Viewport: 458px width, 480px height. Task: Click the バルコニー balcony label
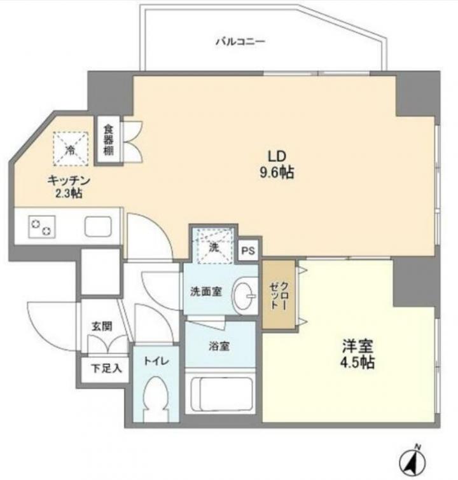[240, 41]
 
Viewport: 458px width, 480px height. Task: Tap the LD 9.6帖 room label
[277, 165]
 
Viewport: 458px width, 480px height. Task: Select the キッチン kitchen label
[69, 186]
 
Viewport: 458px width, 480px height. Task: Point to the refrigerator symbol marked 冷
[71, 149]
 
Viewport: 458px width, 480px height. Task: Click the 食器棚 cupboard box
[108, 141]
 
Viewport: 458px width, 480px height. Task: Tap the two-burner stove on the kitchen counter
[42, 227]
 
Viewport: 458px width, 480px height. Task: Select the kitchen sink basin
[98, 226]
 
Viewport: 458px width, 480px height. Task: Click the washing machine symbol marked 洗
[214, 245]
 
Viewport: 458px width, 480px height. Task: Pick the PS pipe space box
[249, 250]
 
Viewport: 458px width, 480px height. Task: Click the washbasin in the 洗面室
[244, 296]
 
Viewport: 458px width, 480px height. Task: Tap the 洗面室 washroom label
[205, 292]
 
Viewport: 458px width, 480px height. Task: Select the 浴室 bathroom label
[219, 346]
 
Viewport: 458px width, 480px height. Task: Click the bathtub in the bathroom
[221, 395]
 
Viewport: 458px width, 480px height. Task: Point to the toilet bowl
[156, 397]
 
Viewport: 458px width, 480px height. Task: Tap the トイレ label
[156, 361]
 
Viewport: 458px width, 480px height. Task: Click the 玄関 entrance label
[102, 327]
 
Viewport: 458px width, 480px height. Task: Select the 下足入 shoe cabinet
[106, 369]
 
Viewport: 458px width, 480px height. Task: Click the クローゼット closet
[279, 295]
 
